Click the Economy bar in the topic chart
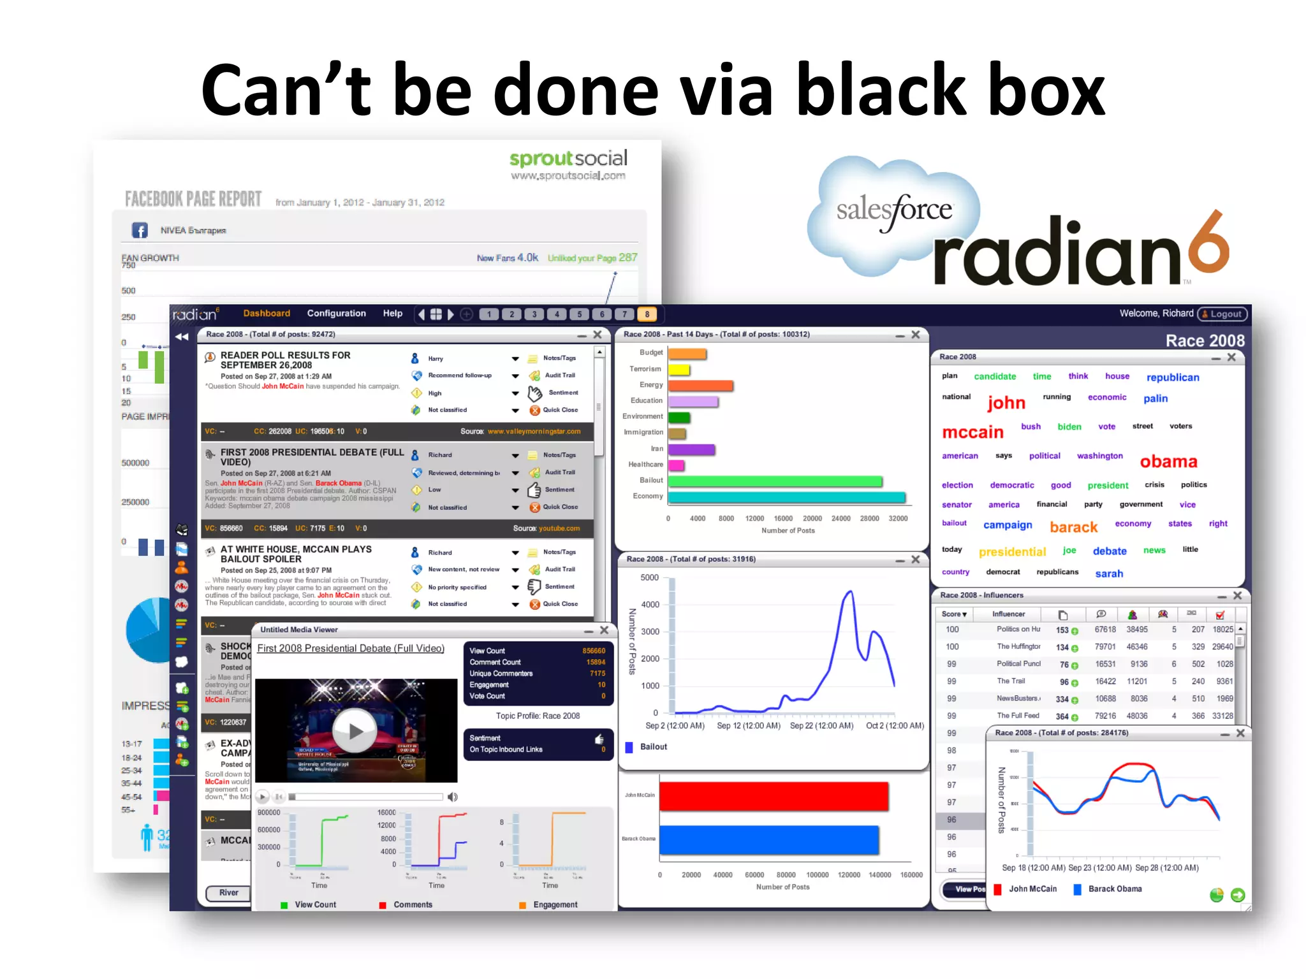(x=786, y=497)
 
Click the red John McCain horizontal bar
(x=774, y=796)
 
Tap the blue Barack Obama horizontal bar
(x=769, y=839)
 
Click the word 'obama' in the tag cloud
(x=1168, y=461)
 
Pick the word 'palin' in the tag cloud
(x=1155, y=398)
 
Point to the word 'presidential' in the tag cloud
(x=1012, y=552)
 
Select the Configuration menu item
(x=336, y=314)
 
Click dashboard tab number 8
(x=647, y=314)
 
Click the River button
(x=228, y=892)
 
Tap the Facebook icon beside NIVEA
(x=140, y=230)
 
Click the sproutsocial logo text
(x=568, y=158)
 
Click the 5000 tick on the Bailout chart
(x=649, y=577)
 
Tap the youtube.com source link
(x=559, y=528)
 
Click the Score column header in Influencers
(x=954, y=614)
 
